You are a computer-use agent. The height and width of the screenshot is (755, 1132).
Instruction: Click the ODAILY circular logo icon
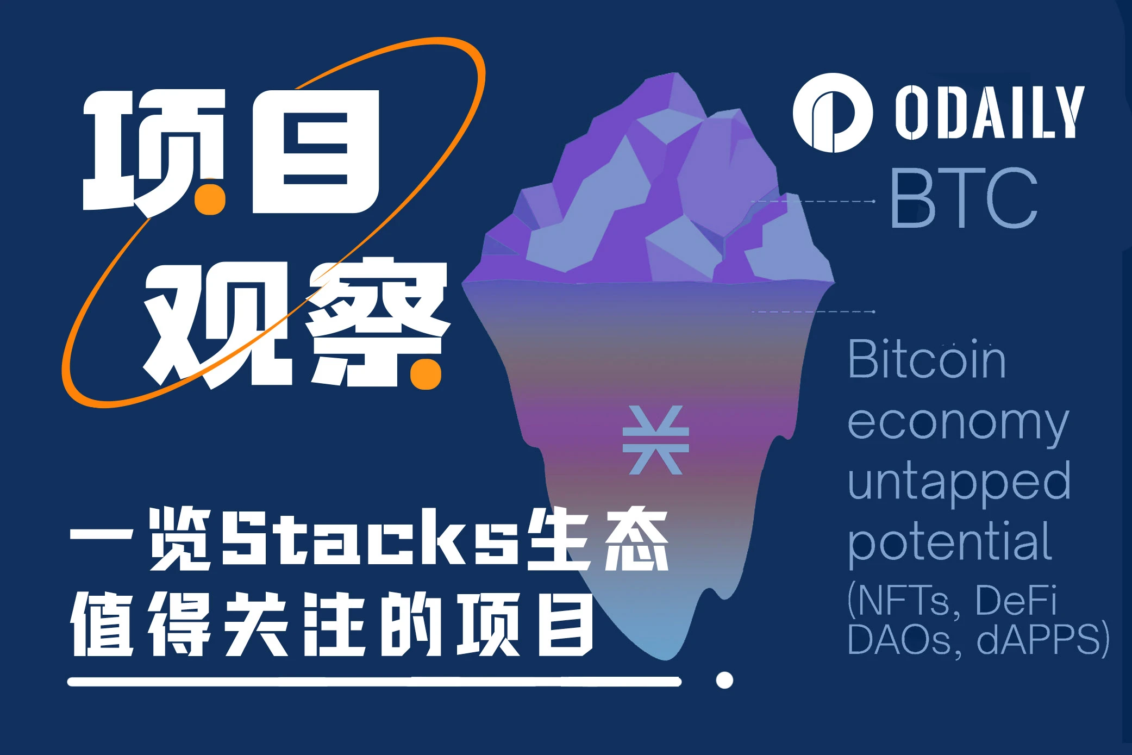tap(832, 113)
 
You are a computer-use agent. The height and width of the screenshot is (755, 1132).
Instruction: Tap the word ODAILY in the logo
tap(989, 113)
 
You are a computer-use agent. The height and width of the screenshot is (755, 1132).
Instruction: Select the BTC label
tap(964, 198)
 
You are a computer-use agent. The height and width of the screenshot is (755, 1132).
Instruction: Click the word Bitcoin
tap(927, 359)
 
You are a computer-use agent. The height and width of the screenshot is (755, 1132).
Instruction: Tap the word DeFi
tap(1015, 600)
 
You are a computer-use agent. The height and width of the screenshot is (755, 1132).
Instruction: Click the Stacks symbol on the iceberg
tap(655, 440)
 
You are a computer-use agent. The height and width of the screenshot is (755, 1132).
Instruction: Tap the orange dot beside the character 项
tap(210, 199)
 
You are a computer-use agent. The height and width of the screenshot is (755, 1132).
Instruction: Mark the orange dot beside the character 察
tap(426, 374)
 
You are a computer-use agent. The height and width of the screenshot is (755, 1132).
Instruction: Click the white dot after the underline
tap(724, 680)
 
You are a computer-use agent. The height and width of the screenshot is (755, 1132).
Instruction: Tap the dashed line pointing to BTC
tap(813, 201)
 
